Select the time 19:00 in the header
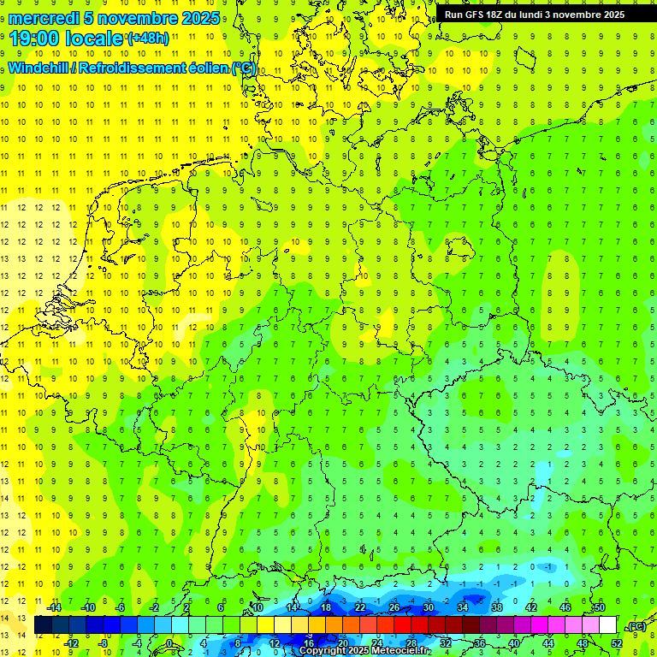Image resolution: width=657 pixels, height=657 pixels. [38, 38]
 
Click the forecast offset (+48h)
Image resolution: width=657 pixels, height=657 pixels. [148, 38]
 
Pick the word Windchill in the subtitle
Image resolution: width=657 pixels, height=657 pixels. [39, 68]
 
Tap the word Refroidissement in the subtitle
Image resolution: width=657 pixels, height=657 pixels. [132, 68]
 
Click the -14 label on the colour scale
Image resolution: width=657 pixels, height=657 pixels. [53, 607]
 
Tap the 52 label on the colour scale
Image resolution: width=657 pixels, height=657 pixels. [617, 642]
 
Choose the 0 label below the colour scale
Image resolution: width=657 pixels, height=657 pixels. [169, 642]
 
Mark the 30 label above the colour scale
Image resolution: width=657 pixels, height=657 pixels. [428, 607]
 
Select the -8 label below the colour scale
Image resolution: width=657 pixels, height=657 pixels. [104, 642]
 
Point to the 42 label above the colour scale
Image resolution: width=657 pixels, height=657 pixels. [530, 607]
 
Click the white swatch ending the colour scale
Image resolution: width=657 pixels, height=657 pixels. [607, 624]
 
